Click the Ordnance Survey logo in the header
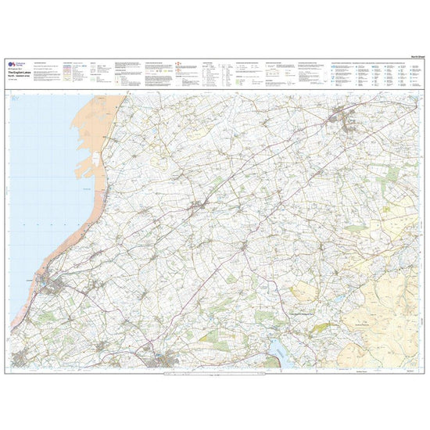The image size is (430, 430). click(12, 63)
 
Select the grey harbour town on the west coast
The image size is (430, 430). click(53, 286)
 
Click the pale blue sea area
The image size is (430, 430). click(39, 180)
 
